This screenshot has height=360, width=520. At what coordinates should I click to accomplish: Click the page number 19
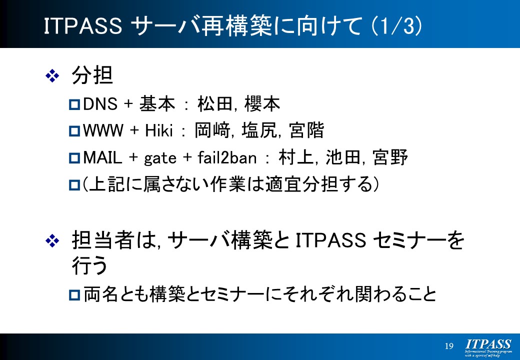[449, 346]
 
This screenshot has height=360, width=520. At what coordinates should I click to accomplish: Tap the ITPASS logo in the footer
[488, 347]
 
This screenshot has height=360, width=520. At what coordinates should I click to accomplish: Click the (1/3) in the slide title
[396, 26]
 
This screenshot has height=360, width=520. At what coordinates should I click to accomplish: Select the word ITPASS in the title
[83, 26]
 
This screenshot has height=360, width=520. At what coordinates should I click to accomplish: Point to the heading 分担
[92, 75]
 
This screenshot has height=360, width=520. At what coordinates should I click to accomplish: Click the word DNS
[100, 104]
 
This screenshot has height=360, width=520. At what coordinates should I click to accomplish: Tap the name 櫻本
[262, 103]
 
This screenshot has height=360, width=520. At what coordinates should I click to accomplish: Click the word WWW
[103, 130]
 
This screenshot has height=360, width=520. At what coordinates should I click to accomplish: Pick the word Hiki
[159, 130]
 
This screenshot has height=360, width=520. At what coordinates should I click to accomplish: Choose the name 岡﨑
[212, 130]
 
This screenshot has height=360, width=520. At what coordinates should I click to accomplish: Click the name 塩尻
[259, 130]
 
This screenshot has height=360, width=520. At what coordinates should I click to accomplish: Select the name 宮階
[306, 130]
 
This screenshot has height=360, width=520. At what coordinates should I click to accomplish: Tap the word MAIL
[102, 157]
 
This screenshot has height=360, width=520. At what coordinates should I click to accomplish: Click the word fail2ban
[227, 157]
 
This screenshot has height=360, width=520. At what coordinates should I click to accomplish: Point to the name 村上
[296, 157]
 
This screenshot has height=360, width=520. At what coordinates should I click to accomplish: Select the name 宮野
[390, 157]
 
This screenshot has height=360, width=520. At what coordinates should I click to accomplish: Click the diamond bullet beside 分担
[52, 76]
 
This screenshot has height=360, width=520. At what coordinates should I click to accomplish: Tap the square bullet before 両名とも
[74, 294]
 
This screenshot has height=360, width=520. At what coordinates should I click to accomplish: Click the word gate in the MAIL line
[160, 158]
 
